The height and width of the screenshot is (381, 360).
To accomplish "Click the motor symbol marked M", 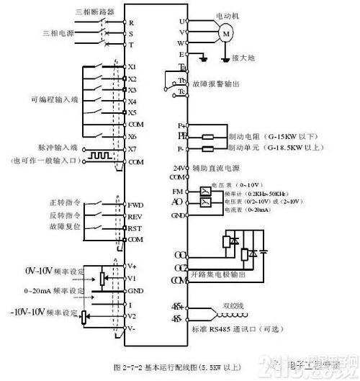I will [x=225, y=33].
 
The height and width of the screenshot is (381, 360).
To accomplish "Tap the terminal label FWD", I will [x=135, y=205].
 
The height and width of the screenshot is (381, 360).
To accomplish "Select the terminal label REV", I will [x=135, y=215].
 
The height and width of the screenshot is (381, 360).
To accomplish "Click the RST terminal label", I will [x=135, y=227].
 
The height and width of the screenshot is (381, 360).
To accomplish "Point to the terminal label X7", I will [x=132, y=148].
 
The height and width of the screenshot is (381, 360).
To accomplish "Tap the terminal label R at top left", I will [x=131, y=22].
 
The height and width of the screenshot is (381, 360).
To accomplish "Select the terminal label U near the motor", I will [x=183, y=22].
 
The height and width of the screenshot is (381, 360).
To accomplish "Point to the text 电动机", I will [x=226, y=15].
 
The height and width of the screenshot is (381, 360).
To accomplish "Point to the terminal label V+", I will [x=132, y=265].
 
